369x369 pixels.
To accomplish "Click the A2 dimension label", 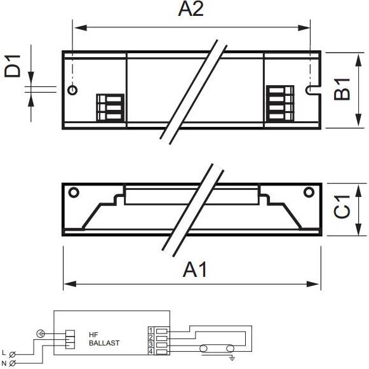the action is [x=191, y=9].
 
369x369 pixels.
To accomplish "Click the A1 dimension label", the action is [x=195, y=270].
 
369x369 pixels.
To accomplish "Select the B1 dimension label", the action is [x=342, y=90].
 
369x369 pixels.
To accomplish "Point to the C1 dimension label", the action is [x=342, y=206].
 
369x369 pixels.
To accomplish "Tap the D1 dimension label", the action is [x=13, y=66].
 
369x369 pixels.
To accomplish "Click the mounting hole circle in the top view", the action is [x=72, y=90].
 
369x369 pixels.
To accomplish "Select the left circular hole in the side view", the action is [x=74, y=192].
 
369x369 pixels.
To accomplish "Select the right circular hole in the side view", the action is [x=309, y=192].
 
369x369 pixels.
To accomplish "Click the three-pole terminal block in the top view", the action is [x=110, y=107].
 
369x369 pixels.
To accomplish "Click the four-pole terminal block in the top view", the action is [x=280, y=104].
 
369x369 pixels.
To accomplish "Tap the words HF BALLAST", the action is [x=104, y=339].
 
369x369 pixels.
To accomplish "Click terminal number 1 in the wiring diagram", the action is [x=151, y=330].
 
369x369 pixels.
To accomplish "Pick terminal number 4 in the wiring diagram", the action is [x=151, y=352].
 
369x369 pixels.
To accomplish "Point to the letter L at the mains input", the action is [x=4, y=352].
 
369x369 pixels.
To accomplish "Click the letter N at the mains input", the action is [x=4, y=363].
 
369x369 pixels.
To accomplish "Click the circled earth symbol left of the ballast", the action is [x=41, y=333].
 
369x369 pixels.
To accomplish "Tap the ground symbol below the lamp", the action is [x=232, y=359].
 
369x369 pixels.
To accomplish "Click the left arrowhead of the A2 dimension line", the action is [x=81, y=28].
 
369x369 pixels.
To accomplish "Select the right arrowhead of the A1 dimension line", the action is [x=313, y=284].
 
